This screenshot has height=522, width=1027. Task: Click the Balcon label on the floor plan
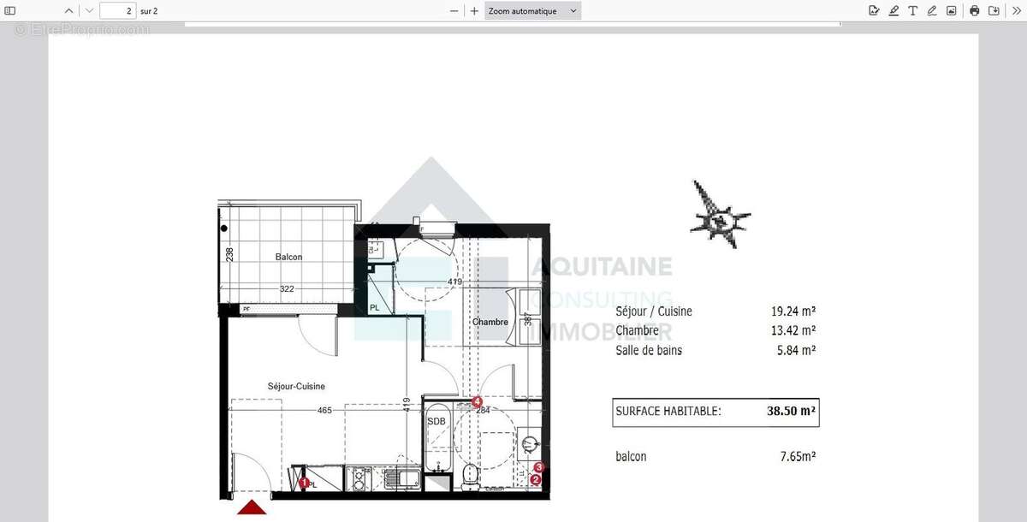tap(288, 257)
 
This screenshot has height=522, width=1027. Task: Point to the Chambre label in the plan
tap(490, 322)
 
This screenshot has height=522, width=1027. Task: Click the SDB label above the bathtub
tap(436, 420)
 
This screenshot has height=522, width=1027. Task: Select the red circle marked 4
tap(477, 401)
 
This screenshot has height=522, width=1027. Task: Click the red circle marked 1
tap(304, 483)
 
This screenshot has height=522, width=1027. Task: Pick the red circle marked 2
tap(536, 480)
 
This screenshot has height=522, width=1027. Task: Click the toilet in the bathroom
tap(470, 477)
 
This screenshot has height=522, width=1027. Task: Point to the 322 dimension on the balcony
tap(287, 289)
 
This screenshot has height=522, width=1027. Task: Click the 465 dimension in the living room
tap(324, 411)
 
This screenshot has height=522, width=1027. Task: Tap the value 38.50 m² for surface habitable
tap(791, 411)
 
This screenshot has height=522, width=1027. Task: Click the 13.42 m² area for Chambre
tap(793, 330)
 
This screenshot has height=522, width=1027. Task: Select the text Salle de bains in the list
tap(649, 350)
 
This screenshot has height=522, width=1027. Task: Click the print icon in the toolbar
tap(974, 11)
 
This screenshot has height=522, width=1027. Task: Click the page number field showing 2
tap(118, 11)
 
